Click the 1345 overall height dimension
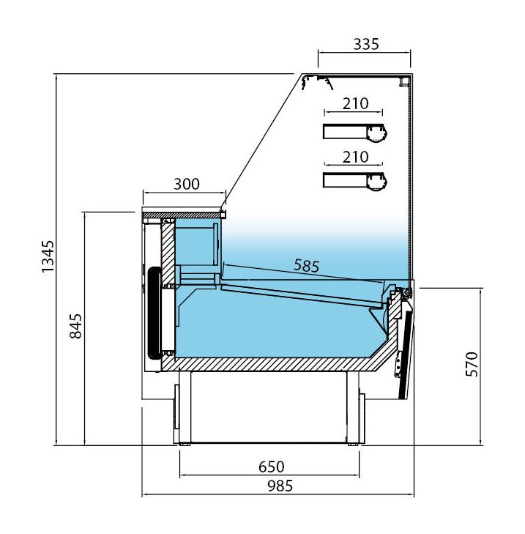point(48,256)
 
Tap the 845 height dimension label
point(75,326)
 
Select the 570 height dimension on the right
point(472,364)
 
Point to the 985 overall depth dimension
point(280,486)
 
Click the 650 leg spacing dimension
point(272,467)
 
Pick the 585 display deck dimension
point(307,266)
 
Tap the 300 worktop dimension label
point(187,185)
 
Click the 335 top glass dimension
point(366,44)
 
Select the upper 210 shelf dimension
point(355,103)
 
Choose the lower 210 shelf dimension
point(355,157)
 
